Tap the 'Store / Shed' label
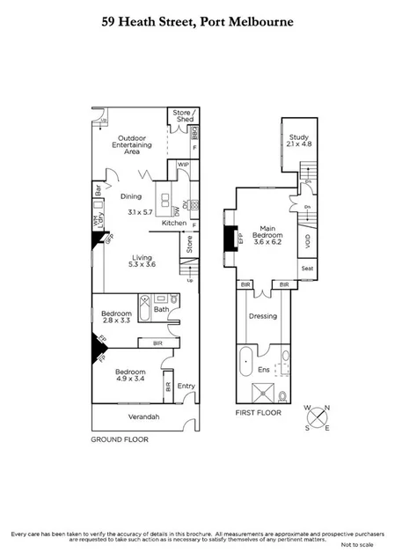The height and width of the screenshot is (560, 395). (181, 115)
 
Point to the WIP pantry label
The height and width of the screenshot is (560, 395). (184, 165)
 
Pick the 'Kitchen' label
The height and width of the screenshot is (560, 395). (173, 224)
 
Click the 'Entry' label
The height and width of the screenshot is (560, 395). (186, 386)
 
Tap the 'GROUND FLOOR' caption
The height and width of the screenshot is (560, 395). (120, 438)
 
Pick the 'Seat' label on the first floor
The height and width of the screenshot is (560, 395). (307, 269)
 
